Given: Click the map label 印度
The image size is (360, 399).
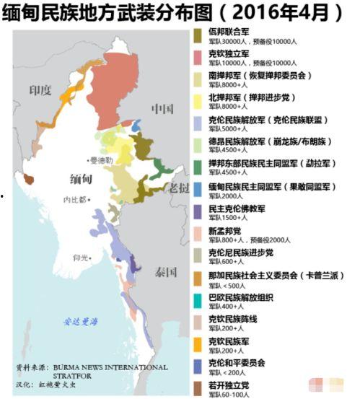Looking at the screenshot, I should pos(40,90).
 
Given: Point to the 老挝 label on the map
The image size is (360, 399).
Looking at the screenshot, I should pos(177,188).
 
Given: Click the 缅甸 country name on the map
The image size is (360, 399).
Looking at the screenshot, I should pos(79,178).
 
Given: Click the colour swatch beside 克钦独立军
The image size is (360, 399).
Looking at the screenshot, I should pos(198,57).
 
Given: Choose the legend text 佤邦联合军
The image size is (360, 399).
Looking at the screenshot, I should pos(231,32).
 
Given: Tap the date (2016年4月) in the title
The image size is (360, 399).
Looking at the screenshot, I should pos(286,12).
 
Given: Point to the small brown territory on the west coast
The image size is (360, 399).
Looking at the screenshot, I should pos(29,178).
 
